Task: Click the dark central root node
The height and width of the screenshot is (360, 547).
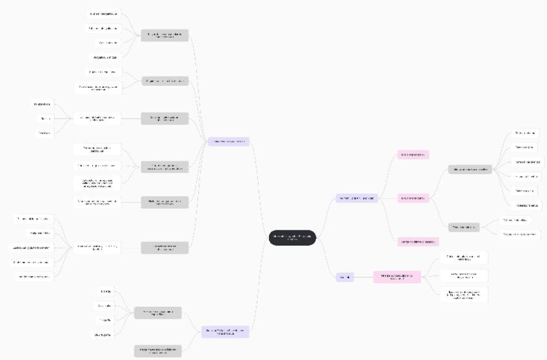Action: click(x=292, y=237)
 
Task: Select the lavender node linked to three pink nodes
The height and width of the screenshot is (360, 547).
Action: click(x=357, y=198)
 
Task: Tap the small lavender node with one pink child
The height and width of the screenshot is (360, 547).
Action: click(x=345, y=277)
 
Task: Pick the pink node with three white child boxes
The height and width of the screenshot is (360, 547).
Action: click(x=397, y=277)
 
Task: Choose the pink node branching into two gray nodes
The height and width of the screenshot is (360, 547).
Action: click(x=413, y=198)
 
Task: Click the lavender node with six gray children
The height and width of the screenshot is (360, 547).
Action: click(x=228, y=141)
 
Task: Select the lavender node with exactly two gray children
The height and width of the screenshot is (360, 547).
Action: click(x=224, y=332)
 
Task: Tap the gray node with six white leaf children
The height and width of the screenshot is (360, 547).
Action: click(x=470, y=170)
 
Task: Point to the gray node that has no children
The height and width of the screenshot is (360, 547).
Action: click(x=157, y=351)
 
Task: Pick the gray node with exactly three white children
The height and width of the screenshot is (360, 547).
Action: click(x=164, y=166)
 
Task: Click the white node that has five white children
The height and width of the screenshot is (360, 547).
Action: click(x=97, y=247)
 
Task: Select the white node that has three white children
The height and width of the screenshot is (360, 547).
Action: click(x=97, y=118)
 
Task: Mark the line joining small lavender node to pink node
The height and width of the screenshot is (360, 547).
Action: click(x=364, y=277)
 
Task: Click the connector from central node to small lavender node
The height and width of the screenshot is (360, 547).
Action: click(x=326, y=265)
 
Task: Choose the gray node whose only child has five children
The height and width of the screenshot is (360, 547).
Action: click(x=164, y=247)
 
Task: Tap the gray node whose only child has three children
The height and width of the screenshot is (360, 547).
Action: click(x=164, y=118)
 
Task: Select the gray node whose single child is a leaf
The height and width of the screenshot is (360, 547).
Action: click(x=164, y=202)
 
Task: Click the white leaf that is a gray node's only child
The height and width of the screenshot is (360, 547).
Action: click(x=97, y=202)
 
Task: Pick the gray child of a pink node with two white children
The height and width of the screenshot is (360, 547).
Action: click(x=464, y=227)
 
